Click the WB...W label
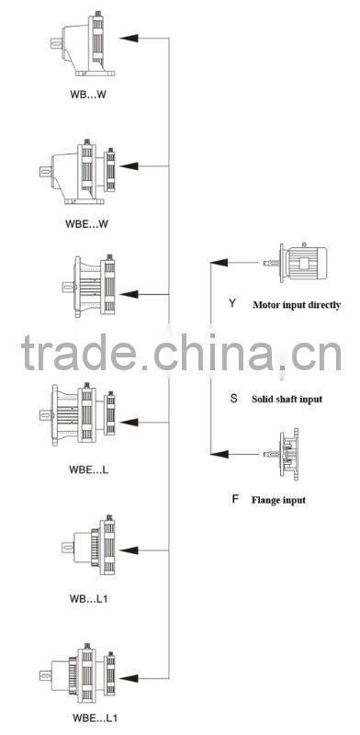(x=88, y=93)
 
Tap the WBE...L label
(x=89, y=469)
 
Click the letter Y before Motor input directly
(x=233, y=302)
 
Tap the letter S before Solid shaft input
(x=233, y=400)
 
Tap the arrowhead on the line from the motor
(x=218, y=262)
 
